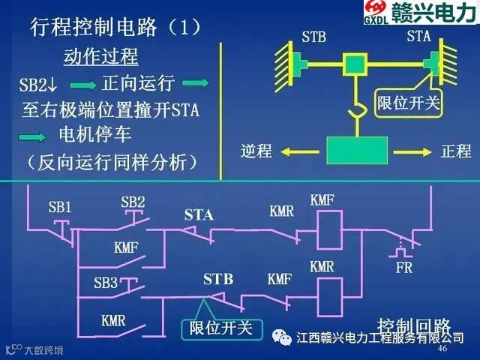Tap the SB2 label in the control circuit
(x=133, y=202)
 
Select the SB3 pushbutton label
(x=106, y=283)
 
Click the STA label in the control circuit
(x=199, y=216)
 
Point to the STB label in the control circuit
(x=218, y=279)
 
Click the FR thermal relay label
(x=403, y=265)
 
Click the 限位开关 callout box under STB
(x=220, y=328)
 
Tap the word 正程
(x=454, y=151)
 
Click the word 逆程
(x=256, y=151)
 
